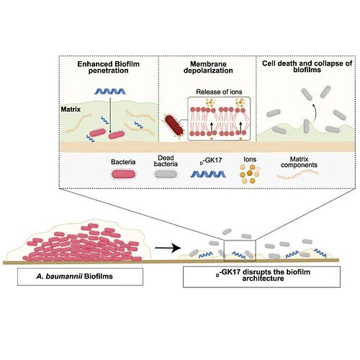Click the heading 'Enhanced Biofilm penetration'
pos(108,67)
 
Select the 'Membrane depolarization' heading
pos(208,67)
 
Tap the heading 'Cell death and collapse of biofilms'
pos(307,66)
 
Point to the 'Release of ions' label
pos(219,91)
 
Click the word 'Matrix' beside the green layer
pos(71,109)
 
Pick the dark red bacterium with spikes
pos(174,125)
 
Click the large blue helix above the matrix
pos(110,91)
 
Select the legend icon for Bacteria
pos(123,174)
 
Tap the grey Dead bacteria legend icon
pos(166,174)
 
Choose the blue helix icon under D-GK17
pos(208,174)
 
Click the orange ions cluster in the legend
pos(250,174)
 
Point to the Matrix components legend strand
pos(297,174)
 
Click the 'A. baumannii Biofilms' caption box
pos(80,276)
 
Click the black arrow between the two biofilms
pos(168,248)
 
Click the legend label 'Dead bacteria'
pos(166,161)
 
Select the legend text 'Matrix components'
pos(299,162)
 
